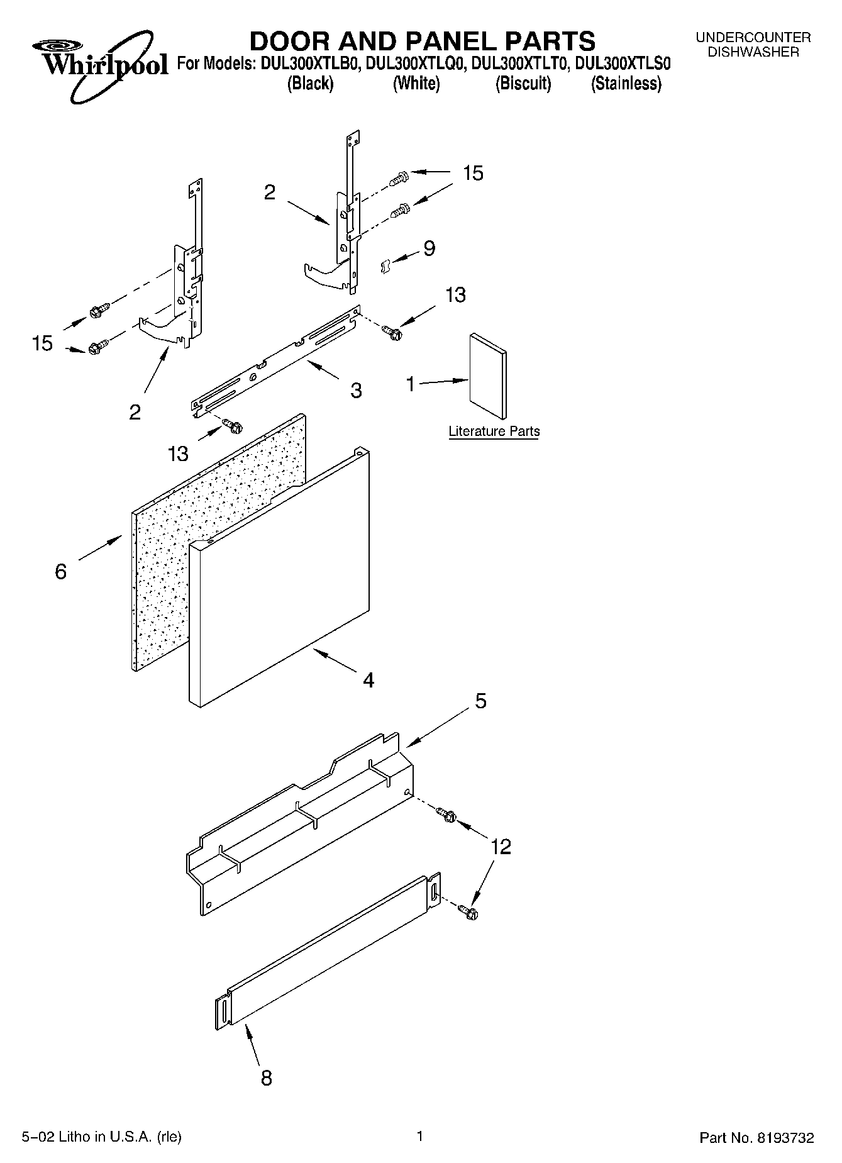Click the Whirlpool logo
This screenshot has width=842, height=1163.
(x=101, y=65)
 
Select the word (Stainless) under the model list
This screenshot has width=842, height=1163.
(x=626, y=84)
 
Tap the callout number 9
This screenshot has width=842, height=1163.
(x=429, y=248)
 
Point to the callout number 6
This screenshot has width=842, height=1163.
(x=61, y=571)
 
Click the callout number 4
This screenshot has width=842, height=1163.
(x=368, y=680)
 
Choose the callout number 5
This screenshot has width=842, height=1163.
(x=480, y=701)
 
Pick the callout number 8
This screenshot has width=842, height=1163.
(x=267, y=1078)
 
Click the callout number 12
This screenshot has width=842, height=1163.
(x=501, y=847)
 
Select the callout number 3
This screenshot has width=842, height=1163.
(x=356, y=391)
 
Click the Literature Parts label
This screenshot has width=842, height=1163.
(x=494, y=431)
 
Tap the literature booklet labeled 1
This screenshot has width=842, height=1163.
(x=487, y=376)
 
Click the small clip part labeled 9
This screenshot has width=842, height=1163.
(x=385, y=267)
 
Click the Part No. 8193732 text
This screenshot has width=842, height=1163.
(x=756, y=1138)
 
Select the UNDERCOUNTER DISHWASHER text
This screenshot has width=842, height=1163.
(x=753, y=45)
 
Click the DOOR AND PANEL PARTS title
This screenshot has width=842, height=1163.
(x=422, y=41)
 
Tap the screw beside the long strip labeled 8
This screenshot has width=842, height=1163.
(x=468, y=911)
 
